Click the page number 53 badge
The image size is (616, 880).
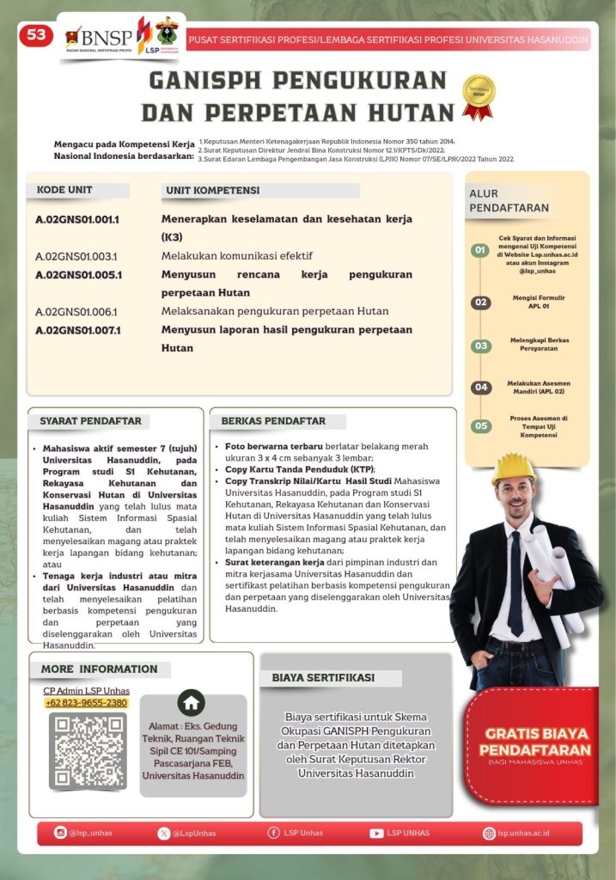point(36,35)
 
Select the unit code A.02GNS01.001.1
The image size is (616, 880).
point(77,219)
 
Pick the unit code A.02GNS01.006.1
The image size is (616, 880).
point(76,311)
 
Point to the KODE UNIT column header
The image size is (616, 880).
point(65,190)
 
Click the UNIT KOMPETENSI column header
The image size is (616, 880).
point(212,190)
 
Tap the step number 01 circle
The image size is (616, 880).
point(481,251)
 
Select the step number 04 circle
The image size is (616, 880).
point(481,388)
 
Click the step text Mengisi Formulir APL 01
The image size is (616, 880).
point(538,302)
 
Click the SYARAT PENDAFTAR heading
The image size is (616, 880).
point(90,421)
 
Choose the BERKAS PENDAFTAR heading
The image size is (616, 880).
point(273,421)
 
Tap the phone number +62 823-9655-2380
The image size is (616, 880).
point(87,702)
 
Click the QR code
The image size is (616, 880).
point(88,751)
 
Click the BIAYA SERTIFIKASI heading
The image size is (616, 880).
point(323,677)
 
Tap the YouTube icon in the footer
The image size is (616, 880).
point(376,833)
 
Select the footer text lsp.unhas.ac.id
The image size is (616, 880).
point(523,833)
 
